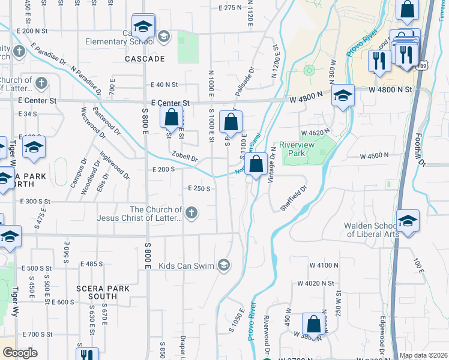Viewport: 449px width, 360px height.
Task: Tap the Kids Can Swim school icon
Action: (223, 265)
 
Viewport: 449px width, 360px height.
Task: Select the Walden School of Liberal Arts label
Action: (371, 230)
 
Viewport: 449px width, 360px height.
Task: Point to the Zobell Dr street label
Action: (184, 157)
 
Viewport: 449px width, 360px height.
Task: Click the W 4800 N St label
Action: (393, 89)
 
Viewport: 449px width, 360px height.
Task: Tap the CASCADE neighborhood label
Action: (145, 59)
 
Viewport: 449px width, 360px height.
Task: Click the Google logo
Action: (20, 353)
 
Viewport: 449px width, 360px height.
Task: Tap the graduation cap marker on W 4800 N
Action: (343, 96)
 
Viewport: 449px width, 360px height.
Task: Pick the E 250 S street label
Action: (199, 188)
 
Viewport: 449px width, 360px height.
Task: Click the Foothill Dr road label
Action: (420, 149)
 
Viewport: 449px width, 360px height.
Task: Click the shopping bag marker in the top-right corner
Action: (406, 10)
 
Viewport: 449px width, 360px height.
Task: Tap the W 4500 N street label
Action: (375, 156)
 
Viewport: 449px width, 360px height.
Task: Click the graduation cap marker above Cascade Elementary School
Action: (143, 27)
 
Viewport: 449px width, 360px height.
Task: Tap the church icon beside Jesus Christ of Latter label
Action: (191, 212)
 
